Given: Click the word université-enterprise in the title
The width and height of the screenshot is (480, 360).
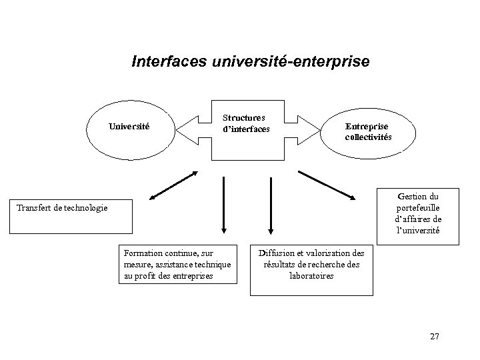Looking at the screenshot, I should coord(289,62).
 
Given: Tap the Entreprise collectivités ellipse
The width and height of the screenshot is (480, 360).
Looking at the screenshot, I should coord(368,131).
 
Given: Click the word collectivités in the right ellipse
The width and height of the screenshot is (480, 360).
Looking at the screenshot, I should coord(368,137).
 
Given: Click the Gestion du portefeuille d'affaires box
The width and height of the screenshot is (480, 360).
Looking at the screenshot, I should coord(417,213).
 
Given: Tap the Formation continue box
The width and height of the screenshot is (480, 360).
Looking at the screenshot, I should coord(177,263).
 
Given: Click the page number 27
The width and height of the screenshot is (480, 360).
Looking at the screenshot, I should coord(435,336).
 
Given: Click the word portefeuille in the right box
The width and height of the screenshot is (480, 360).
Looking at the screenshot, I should coord(418,207).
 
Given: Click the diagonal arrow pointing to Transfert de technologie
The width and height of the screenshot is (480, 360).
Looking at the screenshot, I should coord(173,185).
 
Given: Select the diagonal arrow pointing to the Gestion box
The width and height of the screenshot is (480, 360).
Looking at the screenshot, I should coord(326,185).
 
